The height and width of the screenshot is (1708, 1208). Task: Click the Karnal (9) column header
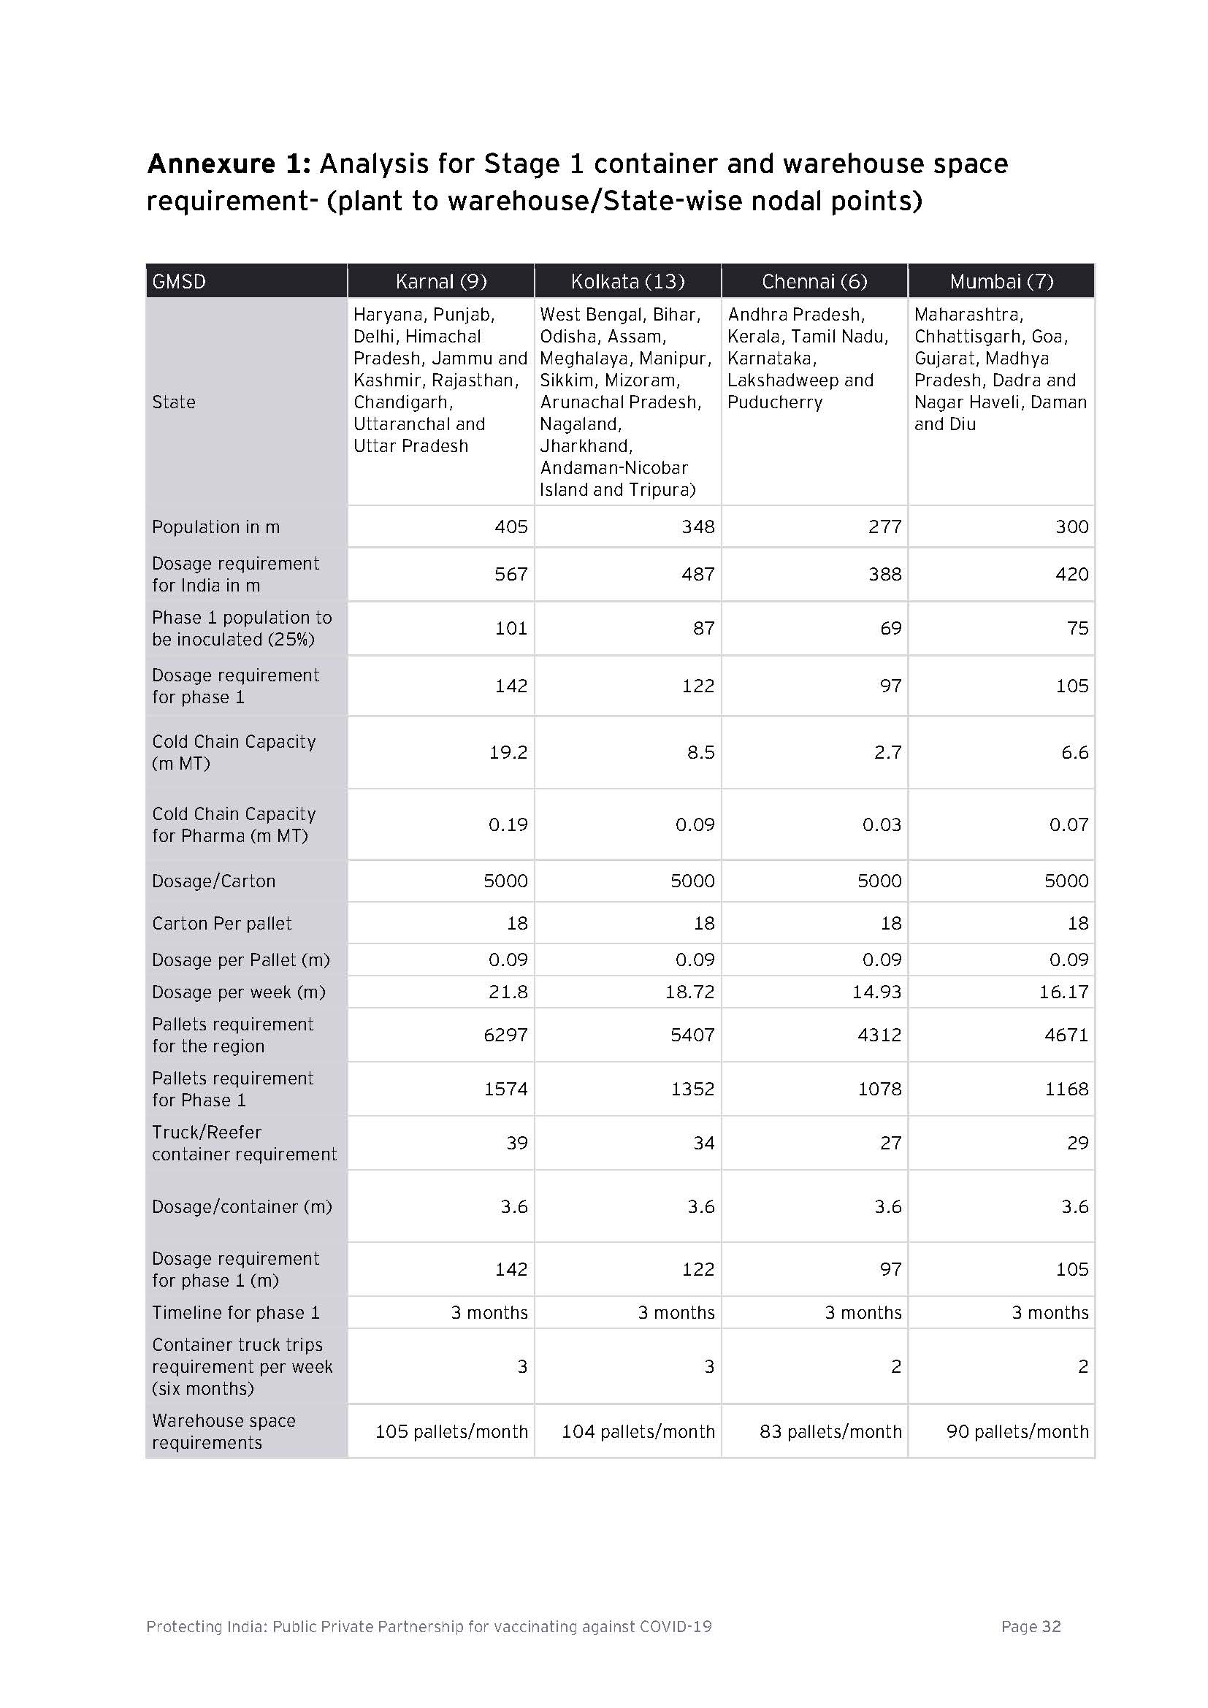(x=441, y=281)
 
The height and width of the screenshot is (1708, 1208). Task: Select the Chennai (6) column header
(x=814, y=281)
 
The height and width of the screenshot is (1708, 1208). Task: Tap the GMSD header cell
(x=179, y=281)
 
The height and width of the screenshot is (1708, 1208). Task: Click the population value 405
(x=511, y=526)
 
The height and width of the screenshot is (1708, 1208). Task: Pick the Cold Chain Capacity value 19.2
(x=508, y=752)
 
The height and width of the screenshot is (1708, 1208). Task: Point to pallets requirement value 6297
(x=506, y=1035)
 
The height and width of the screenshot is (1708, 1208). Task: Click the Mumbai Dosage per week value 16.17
(x=1063, y=992)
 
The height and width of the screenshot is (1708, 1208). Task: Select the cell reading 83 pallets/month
(x=830, y=1431)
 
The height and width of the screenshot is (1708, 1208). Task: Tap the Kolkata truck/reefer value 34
(x=703, y=1143)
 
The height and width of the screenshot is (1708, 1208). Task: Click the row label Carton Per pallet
(x=222, y=923)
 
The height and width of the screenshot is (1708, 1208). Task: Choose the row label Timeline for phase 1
(x=236, y=1312)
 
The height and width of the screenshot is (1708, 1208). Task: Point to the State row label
(x=173, y=402)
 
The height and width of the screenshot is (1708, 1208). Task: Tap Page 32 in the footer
(x=1031, y=1626)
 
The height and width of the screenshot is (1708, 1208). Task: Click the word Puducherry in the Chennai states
(x=775, y=402)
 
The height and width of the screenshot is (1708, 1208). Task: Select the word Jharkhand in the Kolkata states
(x=586, y=445)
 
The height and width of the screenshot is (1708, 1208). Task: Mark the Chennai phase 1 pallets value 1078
(x=879, y=1088)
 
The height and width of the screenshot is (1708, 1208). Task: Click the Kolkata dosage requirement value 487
(x=697, y=573)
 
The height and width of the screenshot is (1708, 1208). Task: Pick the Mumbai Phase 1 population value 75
(x=1077, y=628)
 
